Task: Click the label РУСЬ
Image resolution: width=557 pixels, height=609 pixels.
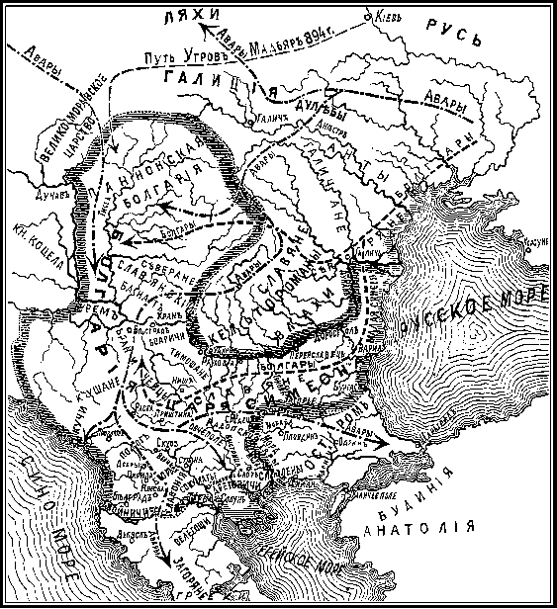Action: (x=451, y=36)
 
